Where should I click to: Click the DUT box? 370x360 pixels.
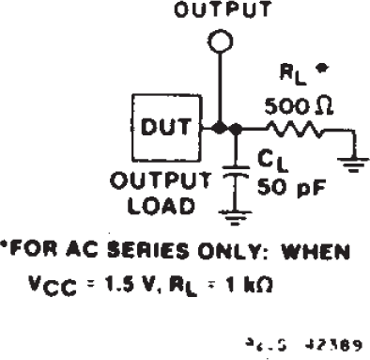click(x=165, y=127)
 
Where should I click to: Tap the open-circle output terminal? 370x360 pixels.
click(x=219, y=42)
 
